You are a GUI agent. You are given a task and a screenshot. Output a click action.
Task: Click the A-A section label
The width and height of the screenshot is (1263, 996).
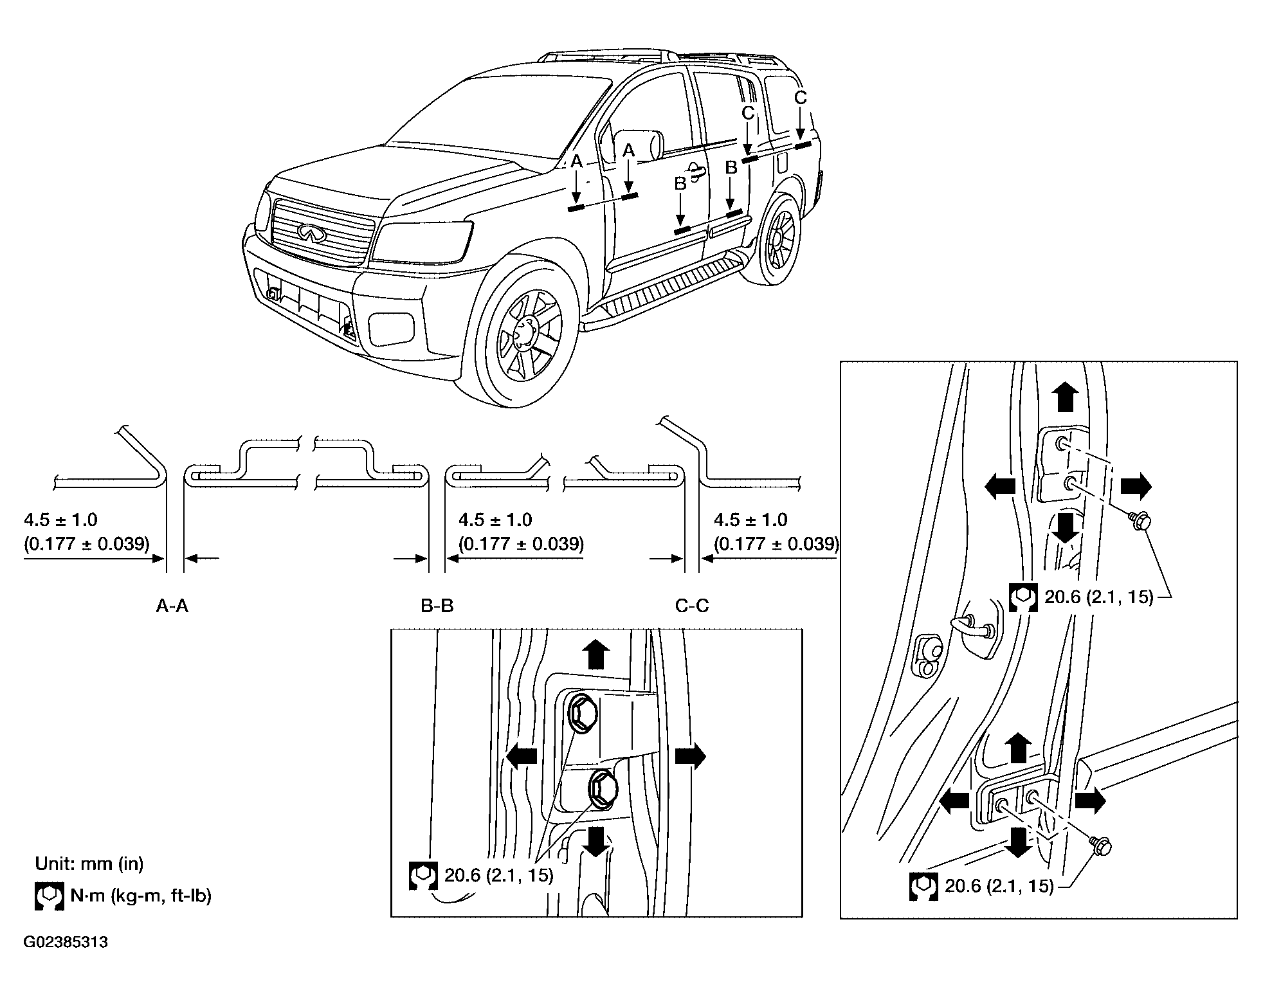[x=172, y=606]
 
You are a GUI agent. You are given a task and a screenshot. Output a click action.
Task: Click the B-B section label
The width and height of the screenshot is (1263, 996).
[x=437, y=606]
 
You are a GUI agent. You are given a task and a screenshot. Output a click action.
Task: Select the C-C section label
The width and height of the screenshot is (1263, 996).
[x=692, y=606]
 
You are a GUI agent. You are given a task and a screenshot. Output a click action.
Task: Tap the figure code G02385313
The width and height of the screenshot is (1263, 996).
[x=66, y=943]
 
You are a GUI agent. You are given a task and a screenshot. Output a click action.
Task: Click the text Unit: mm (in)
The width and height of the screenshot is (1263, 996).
[x=89, y=864]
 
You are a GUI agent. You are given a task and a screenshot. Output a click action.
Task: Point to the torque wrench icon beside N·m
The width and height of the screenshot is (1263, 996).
[x=49, y=896]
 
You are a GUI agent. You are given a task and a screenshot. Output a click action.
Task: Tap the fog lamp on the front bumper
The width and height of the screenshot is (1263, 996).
[x=390, y=328]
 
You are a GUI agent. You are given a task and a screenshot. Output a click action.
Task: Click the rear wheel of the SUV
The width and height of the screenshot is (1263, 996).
[x=780, y=238]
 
